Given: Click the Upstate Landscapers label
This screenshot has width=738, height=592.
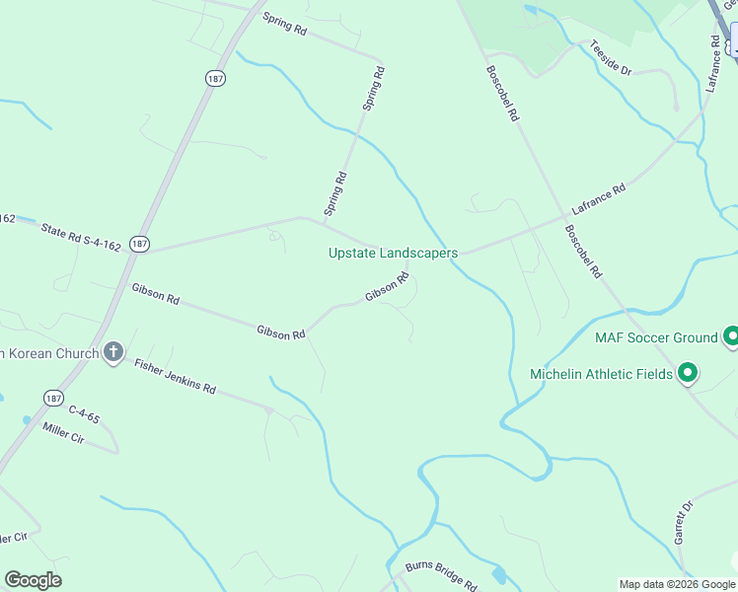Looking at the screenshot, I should tap(393, 254).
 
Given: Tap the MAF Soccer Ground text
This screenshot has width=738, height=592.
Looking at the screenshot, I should tap(656, 337).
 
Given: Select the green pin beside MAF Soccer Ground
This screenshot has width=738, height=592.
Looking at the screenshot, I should tap(731, 337).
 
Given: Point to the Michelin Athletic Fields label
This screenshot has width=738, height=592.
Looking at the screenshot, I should tap(601, 374).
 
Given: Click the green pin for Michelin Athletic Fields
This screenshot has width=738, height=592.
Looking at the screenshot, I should tap(688, 373).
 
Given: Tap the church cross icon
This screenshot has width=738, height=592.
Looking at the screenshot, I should tap(113, 351).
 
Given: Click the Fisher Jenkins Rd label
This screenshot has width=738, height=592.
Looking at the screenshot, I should tap(175, 376).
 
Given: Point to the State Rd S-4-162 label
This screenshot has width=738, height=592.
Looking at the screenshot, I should tap(80, 237).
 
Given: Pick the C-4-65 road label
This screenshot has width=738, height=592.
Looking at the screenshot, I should tap(84, 414).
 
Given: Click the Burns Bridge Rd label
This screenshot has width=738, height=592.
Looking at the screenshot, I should tap(441, 574).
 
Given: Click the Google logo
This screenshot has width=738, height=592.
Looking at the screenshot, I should tap(33, 580).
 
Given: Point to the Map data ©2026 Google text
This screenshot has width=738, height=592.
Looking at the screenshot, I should tap(676, 584).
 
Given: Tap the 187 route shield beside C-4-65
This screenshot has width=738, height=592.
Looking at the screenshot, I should tap(54, 397).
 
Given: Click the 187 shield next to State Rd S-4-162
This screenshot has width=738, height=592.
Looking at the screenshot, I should tap(139, 243).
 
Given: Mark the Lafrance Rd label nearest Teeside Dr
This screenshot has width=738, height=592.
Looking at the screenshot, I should tap(713, 65).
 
